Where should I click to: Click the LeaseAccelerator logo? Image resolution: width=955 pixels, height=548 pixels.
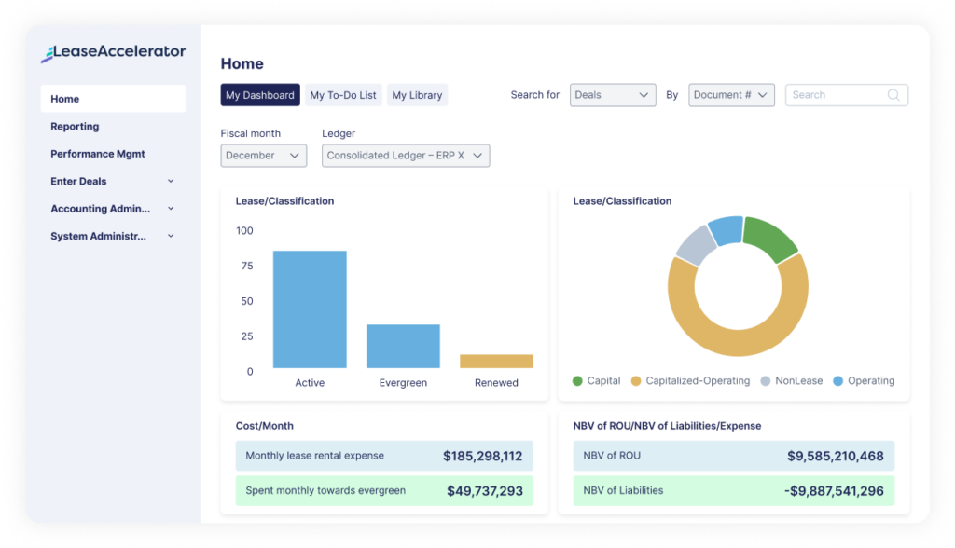coord(113,53)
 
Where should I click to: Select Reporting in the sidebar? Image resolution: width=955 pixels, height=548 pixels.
coord(75,127)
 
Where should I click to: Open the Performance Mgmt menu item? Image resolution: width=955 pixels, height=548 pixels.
coord(98,154)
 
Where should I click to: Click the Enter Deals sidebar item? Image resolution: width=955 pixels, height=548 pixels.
coord(78,182)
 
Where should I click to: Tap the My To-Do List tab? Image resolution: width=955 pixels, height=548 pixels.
coord(343,95)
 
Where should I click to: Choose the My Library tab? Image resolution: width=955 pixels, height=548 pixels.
coord(417,95)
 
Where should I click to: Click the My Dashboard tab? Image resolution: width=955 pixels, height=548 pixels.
coord(260,95)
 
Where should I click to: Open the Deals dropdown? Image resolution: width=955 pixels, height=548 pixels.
coord(613,95)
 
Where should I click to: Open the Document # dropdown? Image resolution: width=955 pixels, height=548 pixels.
coord(731,95)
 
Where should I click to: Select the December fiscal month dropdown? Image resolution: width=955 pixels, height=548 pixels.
coord(263,156)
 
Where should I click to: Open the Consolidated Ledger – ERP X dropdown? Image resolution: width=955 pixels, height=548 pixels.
coord(405,156)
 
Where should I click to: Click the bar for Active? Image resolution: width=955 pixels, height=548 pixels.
coord(310,309)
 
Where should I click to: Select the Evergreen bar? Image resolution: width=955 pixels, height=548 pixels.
coord(403,346)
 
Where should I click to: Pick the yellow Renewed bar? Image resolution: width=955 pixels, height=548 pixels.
coord(496,361)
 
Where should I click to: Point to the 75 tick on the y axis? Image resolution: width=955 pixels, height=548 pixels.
coord(247,266)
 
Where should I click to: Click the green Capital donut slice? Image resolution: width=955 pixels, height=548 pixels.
coord(769,238)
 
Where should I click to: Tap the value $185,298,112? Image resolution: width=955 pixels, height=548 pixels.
coord(482,457)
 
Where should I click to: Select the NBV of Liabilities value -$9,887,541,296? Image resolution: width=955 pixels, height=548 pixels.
coord(834,491)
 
